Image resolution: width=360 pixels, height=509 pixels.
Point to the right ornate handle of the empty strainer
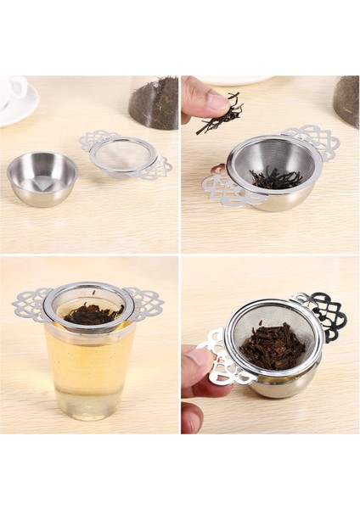[156, 168]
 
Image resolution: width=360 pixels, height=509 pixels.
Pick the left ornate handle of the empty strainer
[98, 139]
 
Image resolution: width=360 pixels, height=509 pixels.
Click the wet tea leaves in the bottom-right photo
[272, 345]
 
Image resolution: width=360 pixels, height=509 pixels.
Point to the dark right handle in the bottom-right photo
[328, 314]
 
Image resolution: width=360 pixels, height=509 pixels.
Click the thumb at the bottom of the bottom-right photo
[192, 416]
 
